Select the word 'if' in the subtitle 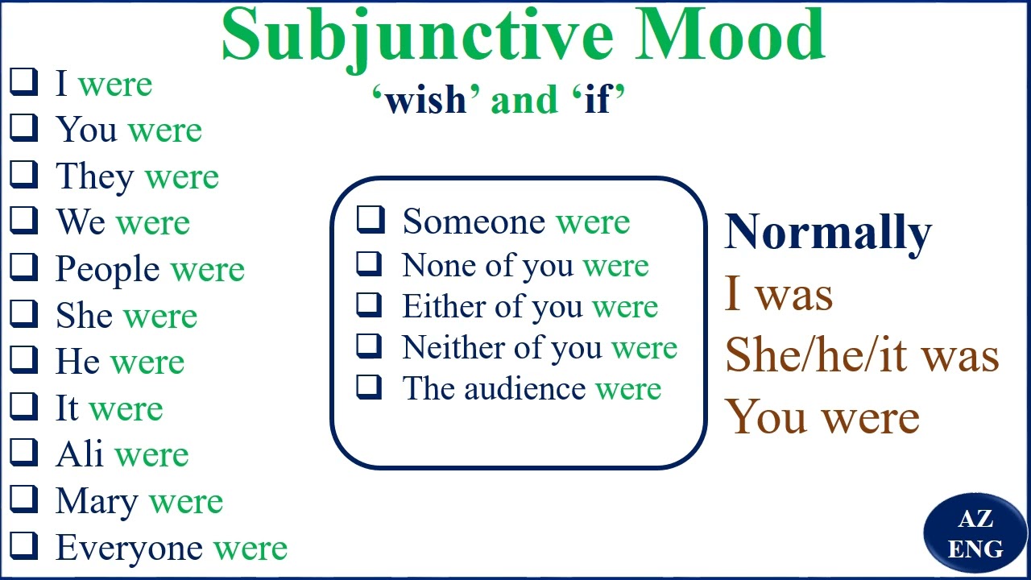(x=598, y=101)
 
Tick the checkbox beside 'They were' (x=24, y=173)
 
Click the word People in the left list (x=107, y=270)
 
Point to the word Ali (x=80, y=454)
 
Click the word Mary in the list (x=97, y=502)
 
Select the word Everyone (x=129, y=548)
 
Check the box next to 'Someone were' (x=371, y=218)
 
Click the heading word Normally (x=828, y=233)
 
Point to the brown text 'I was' (x=778, y=294)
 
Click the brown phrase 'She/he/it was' (x=861, y=355)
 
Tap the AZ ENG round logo (x=975, y=534)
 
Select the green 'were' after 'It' (x=127, y=408)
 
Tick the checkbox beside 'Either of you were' (x=371, y=304)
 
